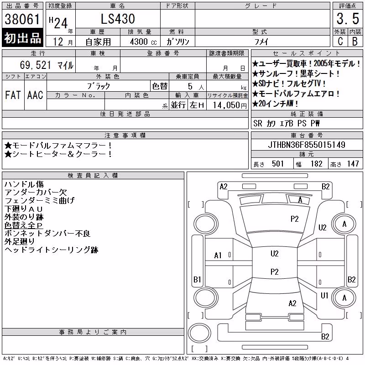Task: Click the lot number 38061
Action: tap(22, 19)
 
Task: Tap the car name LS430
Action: tap(118, 19)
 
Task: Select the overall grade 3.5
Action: tap(348, 19)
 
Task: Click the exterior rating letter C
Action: tap(340, 41)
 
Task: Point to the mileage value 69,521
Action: tap(36, 65)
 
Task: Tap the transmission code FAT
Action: tap(13, 95)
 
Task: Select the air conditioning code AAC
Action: tap(36, 95)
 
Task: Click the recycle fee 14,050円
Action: tap(230, 105)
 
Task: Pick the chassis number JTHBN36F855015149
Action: tap(307, 145)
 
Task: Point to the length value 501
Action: tap(278, 164)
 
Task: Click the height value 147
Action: tap(353, 164)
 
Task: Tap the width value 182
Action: tap(316, 164)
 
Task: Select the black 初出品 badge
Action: tap(22, 38)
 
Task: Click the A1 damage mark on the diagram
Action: tap(218, 255)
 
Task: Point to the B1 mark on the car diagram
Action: tap(197, 279)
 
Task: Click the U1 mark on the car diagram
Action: tap(324, 295)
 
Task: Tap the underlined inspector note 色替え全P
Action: tap(24, 225)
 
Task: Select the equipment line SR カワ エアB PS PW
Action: tap(287, 123)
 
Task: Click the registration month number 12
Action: tap(58, 42)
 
